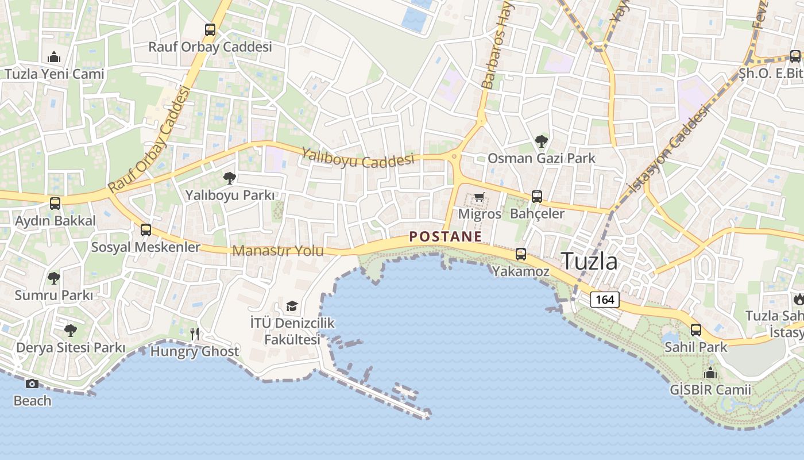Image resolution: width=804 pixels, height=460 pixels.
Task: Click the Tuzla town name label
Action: point(589,262)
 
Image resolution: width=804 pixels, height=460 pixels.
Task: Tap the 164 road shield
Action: point(605,300)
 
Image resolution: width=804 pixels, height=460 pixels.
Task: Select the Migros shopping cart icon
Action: point(479,197)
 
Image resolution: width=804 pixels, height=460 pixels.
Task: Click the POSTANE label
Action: point(445,236)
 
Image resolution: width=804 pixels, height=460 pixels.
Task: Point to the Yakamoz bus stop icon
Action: point(520,254)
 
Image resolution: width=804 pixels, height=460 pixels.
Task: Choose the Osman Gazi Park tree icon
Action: point(541,141)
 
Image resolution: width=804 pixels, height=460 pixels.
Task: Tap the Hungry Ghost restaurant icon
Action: point(195,333)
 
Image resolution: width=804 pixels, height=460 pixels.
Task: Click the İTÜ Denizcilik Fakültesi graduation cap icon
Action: point(292,306)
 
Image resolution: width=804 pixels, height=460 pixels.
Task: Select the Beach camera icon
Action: point(32,384)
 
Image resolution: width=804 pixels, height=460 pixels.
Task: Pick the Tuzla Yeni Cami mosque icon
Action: point(55,57)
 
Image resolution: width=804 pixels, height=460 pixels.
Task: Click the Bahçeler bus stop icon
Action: point(536,197)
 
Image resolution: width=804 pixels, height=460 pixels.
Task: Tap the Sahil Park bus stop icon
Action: point(695,330)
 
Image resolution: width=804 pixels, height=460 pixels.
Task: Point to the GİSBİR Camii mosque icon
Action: point(710,373)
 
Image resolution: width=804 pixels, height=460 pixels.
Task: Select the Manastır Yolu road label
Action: point(278,251)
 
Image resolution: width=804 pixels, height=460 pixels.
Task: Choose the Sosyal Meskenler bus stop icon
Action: point(146,230)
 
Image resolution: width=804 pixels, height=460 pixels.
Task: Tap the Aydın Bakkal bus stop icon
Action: point(55,204)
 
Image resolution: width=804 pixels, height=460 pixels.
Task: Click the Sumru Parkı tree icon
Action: point(53,278)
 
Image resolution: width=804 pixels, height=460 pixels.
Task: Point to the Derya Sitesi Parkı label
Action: point(71,348)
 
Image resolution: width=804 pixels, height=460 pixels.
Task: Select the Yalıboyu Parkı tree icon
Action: point(229,178)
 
